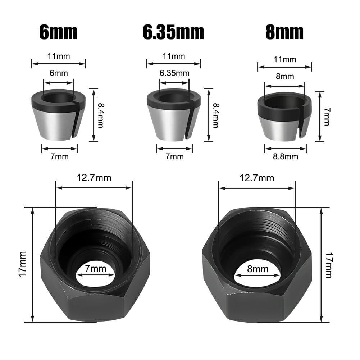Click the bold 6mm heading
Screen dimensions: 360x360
click(x=58, y=33)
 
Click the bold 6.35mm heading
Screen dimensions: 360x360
click(x=173, y=33)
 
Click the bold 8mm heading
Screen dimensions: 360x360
click(x=284, y=33)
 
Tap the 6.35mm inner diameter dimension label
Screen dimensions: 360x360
click(x=174, y=73)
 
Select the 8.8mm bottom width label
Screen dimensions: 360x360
click(x=285, y=156)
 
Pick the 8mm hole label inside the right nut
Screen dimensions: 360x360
click(x=258, y=269)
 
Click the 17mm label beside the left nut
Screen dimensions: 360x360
click(x=22, y=264)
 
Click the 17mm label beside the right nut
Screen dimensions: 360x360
click(x=328, y=264)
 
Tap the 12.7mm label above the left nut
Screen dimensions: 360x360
click(x=94, y=178)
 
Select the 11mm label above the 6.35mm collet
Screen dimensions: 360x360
click(x=174, y=56)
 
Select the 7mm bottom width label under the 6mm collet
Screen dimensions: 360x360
click(x=59, y=156)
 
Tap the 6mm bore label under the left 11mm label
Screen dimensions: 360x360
click(x=59, y=73)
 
